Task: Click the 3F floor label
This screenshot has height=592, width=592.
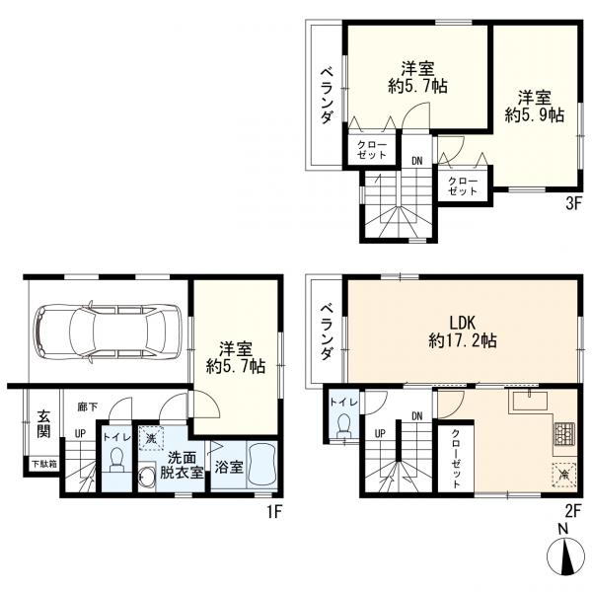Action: pyautogui.click(x=572, y=203)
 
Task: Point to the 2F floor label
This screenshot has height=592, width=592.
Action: pyautogui.click(x=572, y=511)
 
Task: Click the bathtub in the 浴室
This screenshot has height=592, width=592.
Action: pyautogui.click(x=262, y=467)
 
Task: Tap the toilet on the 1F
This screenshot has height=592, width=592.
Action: pyautogui.click(x=116, y=460)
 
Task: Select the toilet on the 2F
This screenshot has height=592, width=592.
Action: pyautogui.click(x=344, y=425)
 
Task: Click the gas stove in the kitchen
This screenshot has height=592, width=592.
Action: pyautogui.click(x=564, y=433)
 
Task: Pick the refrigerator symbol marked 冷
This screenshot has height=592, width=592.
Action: pyautogui.click(x=564, y=474)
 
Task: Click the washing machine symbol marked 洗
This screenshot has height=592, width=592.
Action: pyautogui.click(x=151, y=438)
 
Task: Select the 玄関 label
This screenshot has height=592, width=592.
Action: pyautogui.click(x=43, y=423)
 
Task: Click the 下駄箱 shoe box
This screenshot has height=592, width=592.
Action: pyautogui.click(x=43, y=464)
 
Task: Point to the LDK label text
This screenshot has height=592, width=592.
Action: pyautogui.click(x=462, y=324)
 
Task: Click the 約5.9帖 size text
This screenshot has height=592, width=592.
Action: pyautogui.click(x=534, y=115)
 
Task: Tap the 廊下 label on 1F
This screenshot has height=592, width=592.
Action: pyautogui.click(x=88, y=407)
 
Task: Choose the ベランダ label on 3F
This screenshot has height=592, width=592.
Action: pyautogui.click(x=327, y=96)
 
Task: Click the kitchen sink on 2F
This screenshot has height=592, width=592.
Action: pyautogui.click(x=530, y=401)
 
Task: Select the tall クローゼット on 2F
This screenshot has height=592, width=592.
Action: pyautogui.click(x=456, y=458)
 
